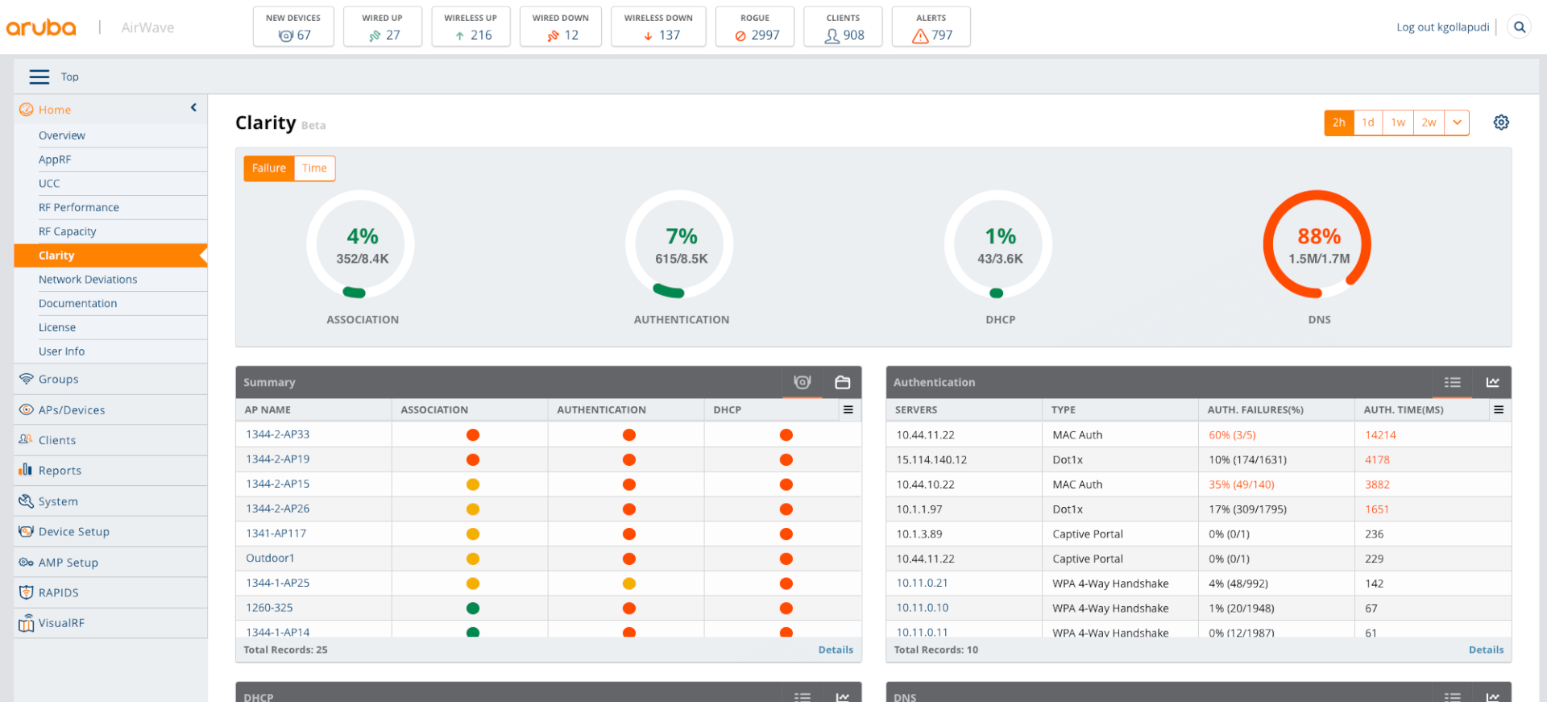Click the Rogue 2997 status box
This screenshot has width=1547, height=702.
pos(755,27)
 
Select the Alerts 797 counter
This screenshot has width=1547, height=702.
pos(931,27)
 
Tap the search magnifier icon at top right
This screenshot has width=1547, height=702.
pos(1520,27)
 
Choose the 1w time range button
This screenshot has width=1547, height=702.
pos(1398,123)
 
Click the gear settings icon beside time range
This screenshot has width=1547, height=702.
pos(1501,123)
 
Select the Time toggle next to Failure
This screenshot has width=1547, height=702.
pos(314,168)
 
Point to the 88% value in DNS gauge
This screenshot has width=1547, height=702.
pos(1319,236)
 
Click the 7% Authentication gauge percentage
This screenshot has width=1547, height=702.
pos(682,236)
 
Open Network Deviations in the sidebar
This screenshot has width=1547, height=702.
pos(88,279)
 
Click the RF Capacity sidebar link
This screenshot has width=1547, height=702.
pos(68,231)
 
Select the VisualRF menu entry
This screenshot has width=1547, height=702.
pos(61,623)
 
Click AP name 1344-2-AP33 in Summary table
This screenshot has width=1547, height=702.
pos(278,434)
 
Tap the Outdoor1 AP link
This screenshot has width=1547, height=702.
pos(270,558)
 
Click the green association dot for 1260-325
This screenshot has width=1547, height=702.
pos(473,608)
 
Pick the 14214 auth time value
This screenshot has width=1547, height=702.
pos(1380,434)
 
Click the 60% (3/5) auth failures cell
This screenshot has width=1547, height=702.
pos(1232,434)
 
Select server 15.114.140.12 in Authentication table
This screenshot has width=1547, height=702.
pos(931,459)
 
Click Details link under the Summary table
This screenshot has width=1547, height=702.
pos(836,650)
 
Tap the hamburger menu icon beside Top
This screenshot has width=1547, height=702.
pos(39,77)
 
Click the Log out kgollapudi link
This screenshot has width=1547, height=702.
pos(1442,27)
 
